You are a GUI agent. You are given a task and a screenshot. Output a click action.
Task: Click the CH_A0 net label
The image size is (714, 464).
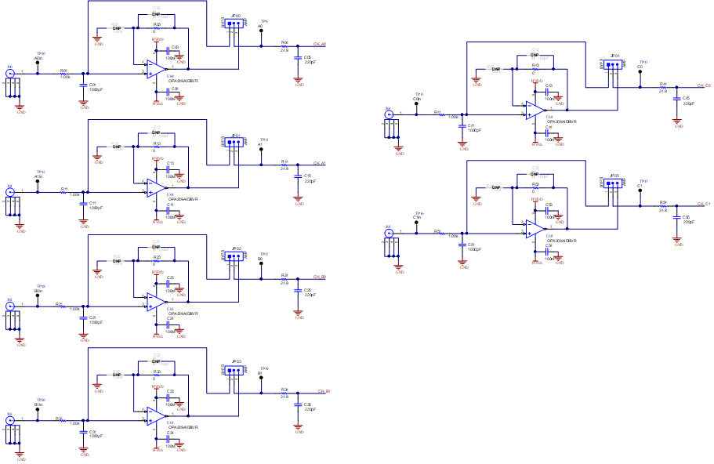319,45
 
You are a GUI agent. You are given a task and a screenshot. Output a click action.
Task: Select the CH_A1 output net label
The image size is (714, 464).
319,163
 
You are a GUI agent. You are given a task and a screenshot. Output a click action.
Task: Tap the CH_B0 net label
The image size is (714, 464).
319,277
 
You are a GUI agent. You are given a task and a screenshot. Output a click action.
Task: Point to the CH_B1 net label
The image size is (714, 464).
323,390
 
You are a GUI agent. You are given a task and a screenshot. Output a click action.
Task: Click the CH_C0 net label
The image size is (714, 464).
703,85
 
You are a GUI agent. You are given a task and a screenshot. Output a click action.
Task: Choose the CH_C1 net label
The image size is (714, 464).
703,204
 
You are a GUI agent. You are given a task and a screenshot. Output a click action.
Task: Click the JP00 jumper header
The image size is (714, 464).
235,23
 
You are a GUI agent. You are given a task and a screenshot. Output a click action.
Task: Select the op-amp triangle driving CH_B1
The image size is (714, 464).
155,414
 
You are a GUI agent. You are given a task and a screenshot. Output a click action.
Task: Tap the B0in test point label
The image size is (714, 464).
39,291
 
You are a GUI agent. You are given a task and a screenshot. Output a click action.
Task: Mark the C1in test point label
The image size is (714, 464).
418,216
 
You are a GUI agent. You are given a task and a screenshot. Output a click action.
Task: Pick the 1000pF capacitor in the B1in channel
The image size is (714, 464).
84,432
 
